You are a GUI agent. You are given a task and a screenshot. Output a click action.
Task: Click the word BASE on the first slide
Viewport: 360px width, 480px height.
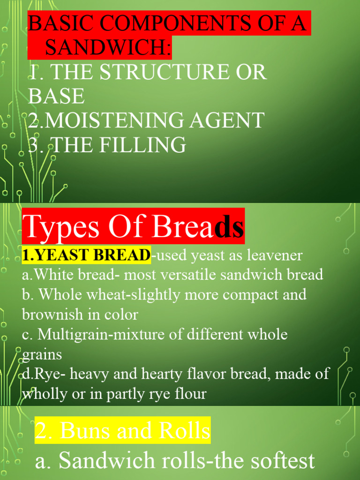tap(56, 96)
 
